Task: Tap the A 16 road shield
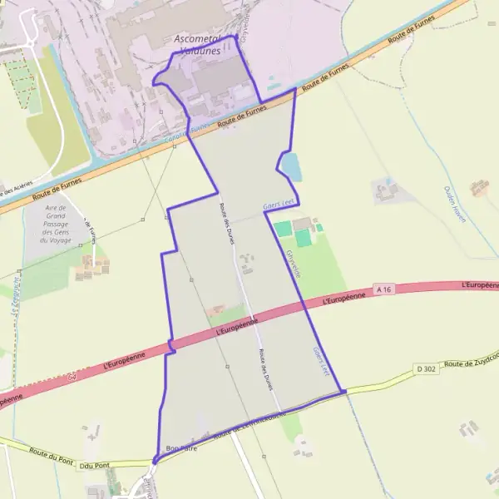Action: (x=383, y=289)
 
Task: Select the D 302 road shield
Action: (x=426, y=368)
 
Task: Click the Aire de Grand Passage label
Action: (x=56, y=224)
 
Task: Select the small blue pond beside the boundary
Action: (x=291, y=167)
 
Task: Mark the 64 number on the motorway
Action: (x=73, y=377)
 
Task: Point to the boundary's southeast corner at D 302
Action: (x=343, y=392)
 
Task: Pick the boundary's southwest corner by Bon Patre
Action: (x=156, y=459)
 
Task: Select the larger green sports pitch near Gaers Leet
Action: (x=304, y=238)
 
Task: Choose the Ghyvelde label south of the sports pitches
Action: (x=294, y=264)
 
